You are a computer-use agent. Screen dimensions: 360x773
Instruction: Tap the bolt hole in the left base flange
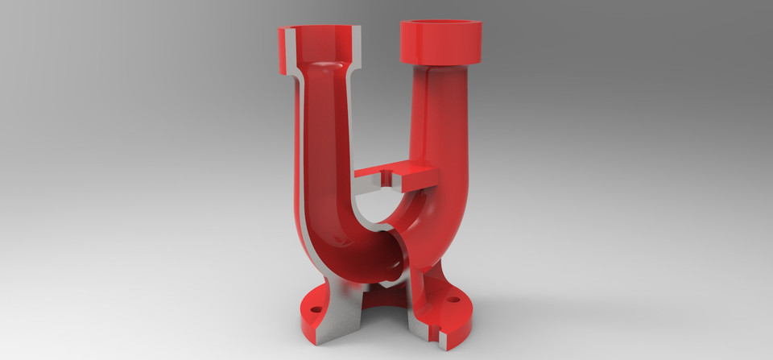tap(315, 308)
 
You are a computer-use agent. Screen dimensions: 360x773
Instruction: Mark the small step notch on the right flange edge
tap(439, 330)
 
